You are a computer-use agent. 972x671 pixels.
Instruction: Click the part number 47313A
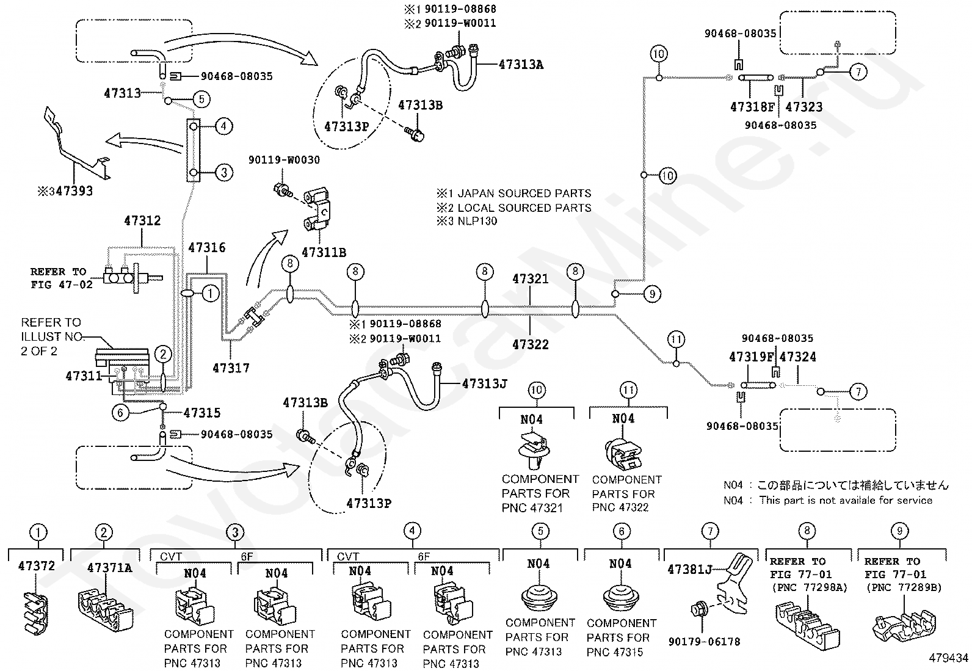coord(521,65)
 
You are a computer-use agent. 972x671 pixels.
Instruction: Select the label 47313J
coord(484,383)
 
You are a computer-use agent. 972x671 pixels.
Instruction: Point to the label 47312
coord(142,220)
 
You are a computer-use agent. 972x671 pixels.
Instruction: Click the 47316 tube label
coord(207,247)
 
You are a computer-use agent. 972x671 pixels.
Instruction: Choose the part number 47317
coord(231,368)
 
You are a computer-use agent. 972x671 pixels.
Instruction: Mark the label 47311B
coord(324,252)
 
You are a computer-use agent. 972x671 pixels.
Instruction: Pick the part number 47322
coord(530,344)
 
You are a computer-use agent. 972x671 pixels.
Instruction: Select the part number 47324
coord(797,357)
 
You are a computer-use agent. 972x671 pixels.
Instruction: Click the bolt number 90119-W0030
coord(285,160)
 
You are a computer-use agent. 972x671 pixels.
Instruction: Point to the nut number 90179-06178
coord(704,642)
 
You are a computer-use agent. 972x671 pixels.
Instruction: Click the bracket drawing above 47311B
coord(317,208)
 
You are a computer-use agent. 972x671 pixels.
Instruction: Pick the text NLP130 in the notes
coord(477,221)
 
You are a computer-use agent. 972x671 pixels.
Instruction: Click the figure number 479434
coord(949,658)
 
